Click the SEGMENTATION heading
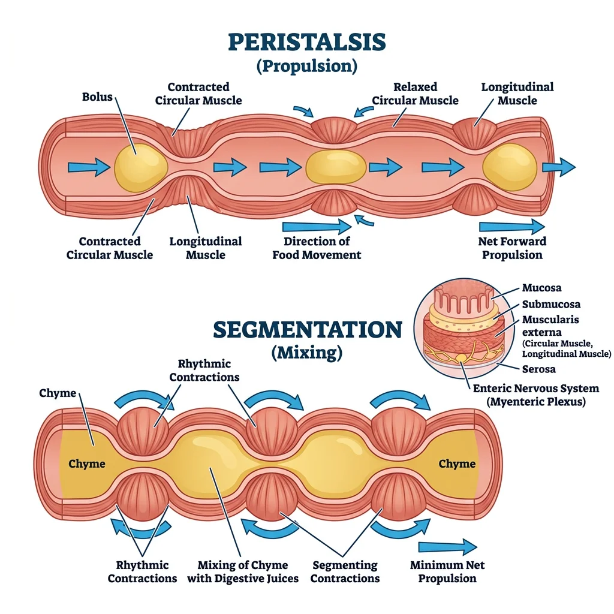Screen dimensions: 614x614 (x=307, y=329)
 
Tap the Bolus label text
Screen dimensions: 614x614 (x=97, y=96)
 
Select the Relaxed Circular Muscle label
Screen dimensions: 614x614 (x=415, y=94)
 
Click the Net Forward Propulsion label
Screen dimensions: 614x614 (x=512, y=248)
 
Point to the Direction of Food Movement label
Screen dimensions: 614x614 (x=317, y=248)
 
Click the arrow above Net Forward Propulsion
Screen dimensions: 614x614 (x=511, y=226)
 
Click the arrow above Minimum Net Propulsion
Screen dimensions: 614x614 (x=447, y=547)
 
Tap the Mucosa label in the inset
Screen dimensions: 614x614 (x=541, y=288)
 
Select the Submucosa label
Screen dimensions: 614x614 (x=550, y=304)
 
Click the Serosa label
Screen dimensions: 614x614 (x=538, y=369)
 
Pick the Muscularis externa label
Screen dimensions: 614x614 (x=550, y=326)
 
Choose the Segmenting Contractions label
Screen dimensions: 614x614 (x=345, y=571)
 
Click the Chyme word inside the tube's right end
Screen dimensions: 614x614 (x=457, y=463)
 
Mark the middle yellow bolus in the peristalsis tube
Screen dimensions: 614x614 (x=336, y=166)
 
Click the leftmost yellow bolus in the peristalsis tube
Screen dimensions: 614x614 (x=140, y=165)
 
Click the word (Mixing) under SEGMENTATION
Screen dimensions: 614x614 (x=307, y=353)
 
